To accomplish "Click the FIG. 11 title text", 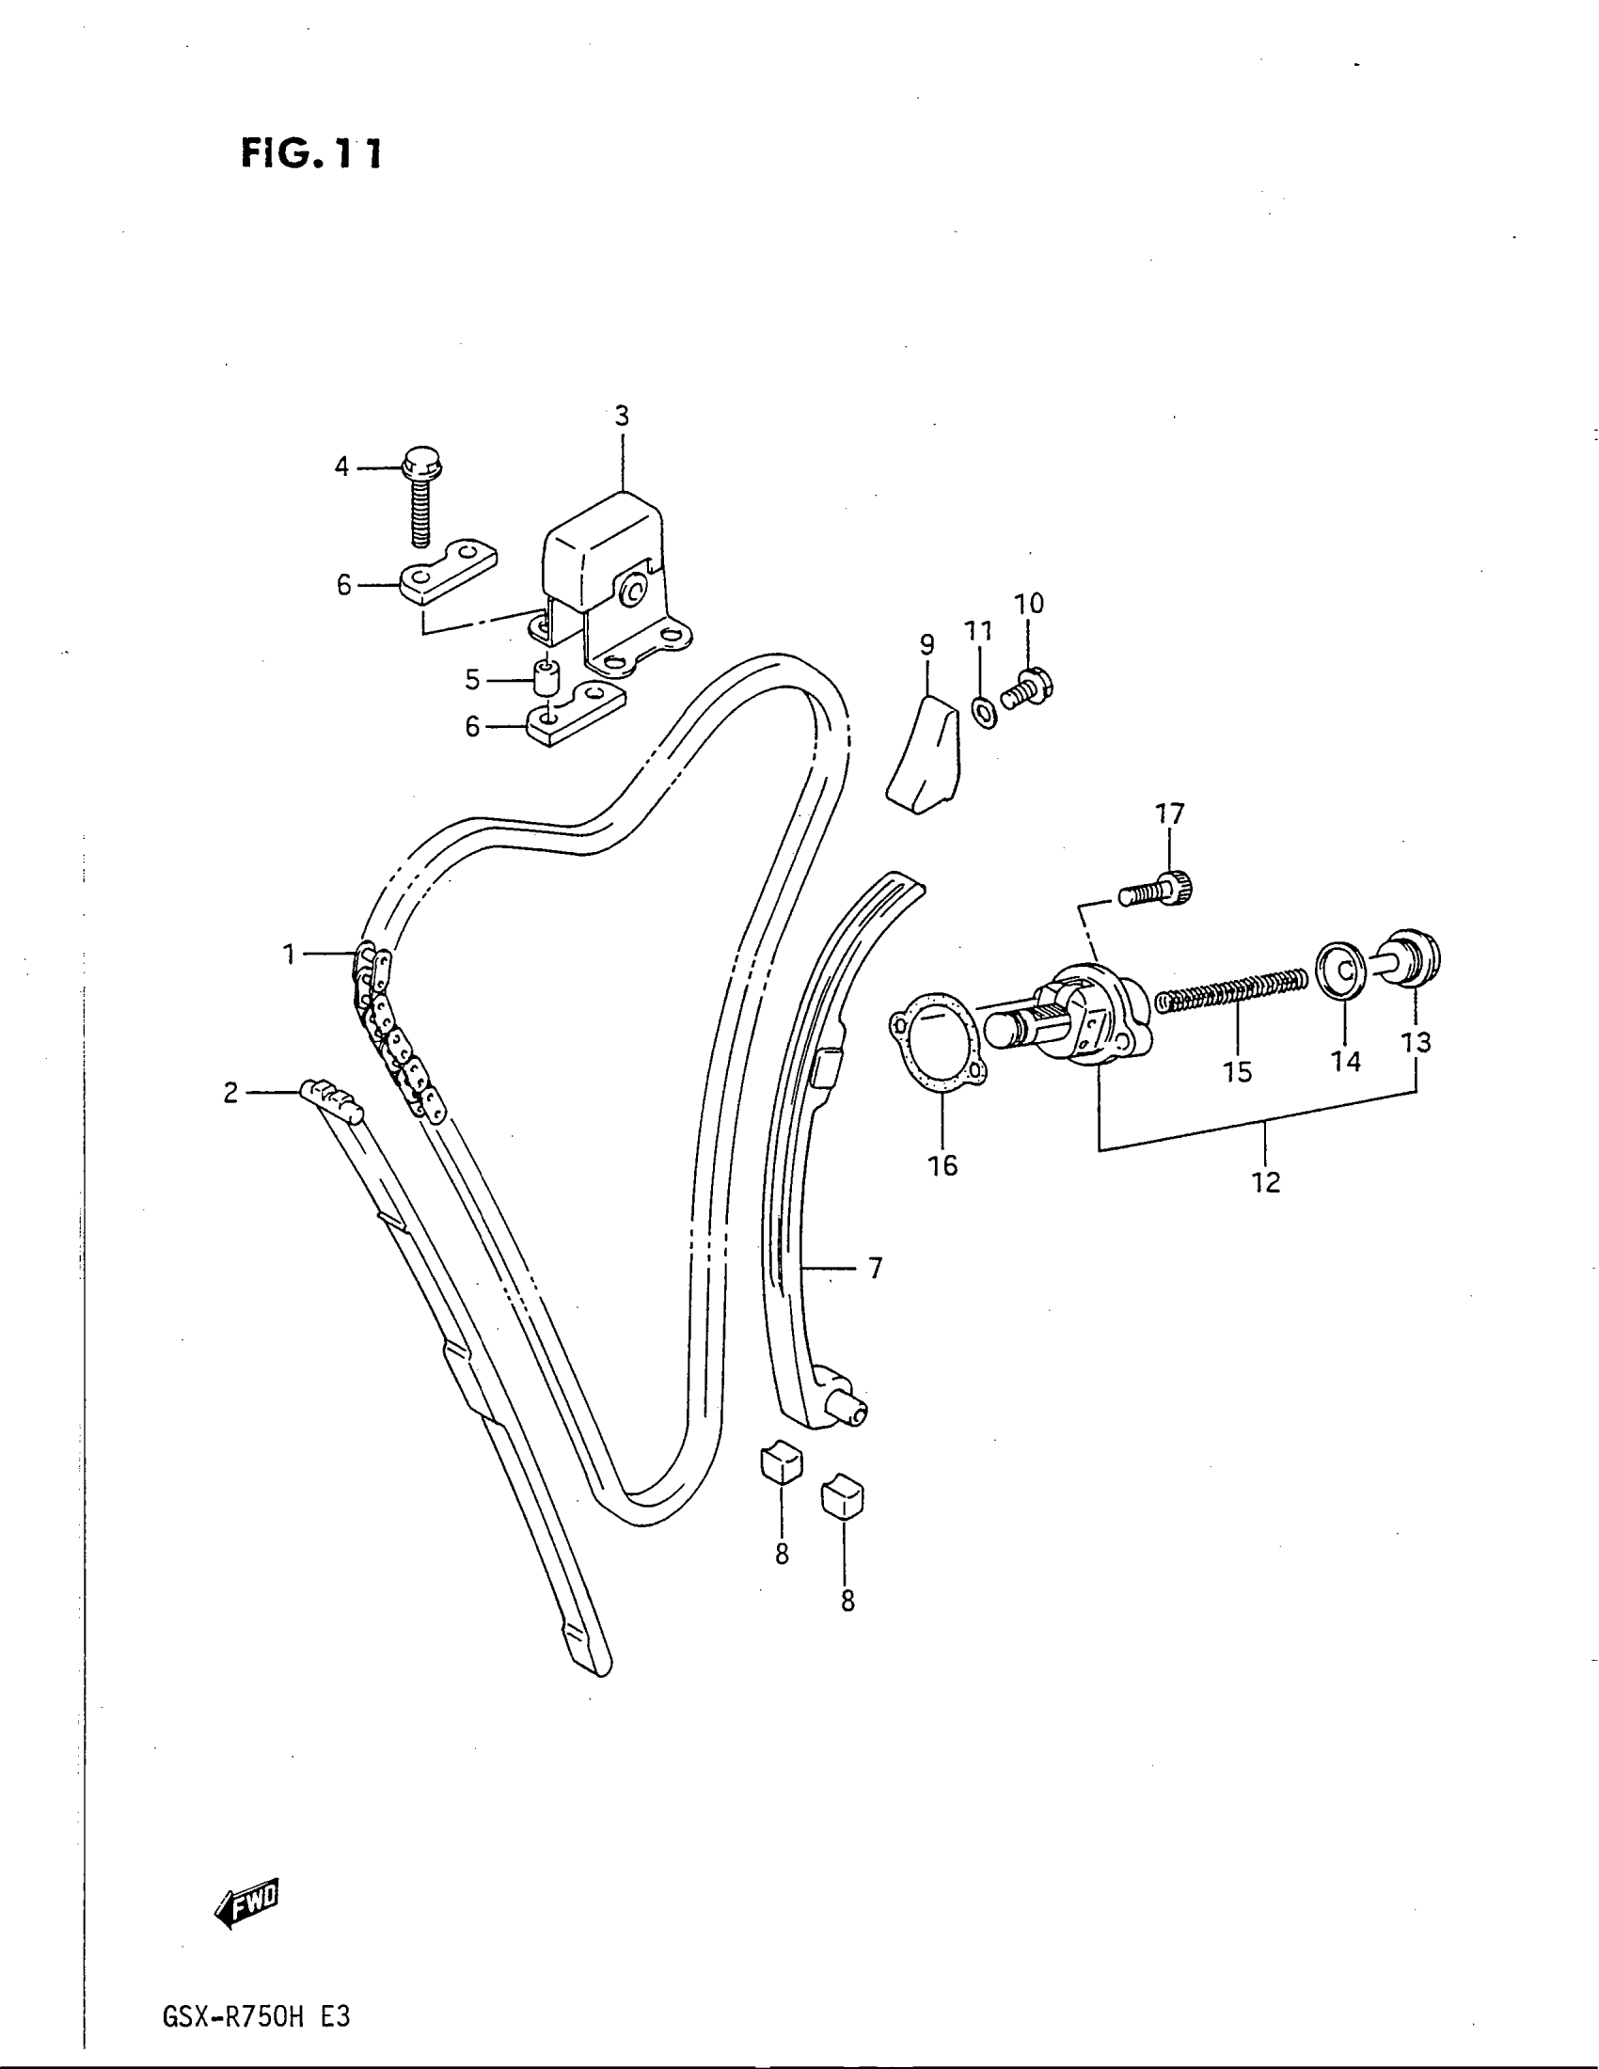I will pos(310,152).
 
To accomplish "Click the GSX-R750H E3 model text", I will pos(257,2017).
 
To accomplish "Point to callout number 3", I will pos(622,416).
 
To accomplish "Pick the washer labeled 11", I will pos(984,708).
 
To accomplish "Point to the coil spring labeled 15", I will pos(1232,988).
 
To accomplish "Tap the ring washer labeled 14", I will pos(1343,968).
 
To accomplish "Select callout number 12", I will pos(1265,1181).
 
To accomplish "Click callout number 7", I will pos(875,1268).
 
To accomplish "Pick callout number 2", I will pos(230,1093).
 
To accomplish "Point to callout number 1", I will pos(289,954).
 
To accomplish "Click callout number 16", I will pos(942,1164).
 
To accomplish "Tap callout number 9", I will pos(926,645).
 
